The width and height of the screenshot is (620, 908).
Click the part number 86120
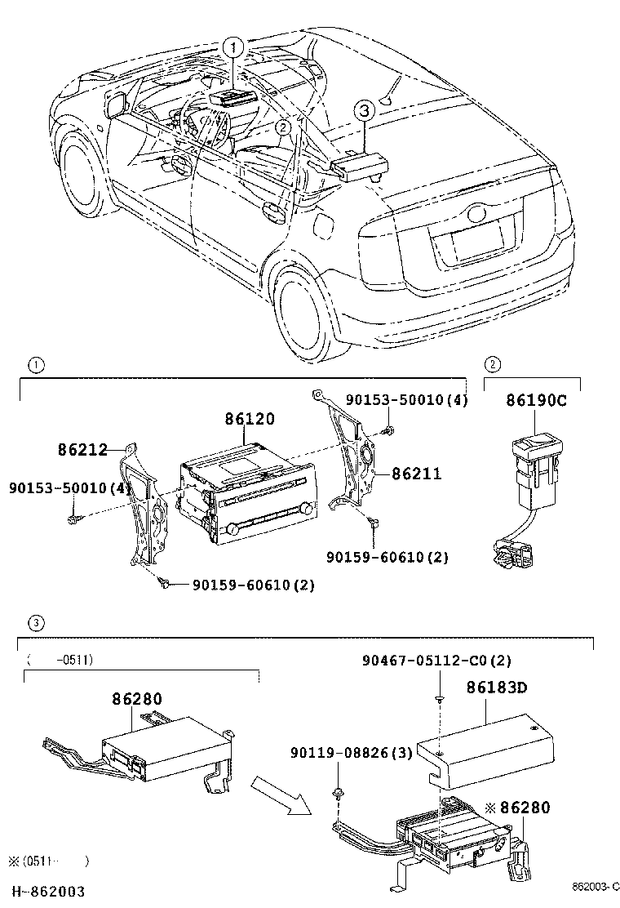pyautogui.click(x=250, y=419)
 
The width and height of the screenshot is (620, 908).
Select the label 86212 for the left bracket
pyautogui.click(x=82, y=449)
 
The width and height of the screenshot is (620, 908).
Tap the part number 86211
pyautogui.click(x=416, y=473)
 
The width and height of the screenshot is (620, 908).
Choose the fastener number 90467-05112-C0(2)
pyautogui.click(x=436, y=660)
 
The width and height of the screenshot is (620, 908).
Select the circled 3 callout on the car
pyautogui.click(x=365, y=110)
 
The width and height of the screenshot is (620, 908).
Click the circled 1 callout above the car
pyautogui.click(x=234, y=48)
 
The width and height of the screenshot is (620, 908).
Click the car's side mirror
pyautogui.click(x=115, y=105)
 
